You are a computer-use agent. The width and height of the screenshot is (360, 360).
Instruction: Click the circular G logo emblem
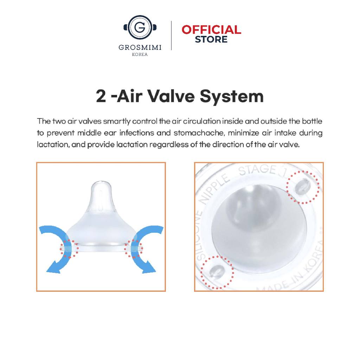click(x=140, y=27)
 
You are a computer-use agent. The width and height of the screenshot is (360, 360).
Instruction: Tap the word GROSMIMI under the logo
click(x=140, y=47)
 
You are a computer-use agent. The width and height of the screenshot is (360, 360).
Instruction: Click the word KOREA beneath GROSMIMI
click(x=140, y=54)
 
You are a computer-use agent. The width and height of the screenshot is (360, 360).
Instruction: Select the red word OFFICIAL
click(x=211, y=30)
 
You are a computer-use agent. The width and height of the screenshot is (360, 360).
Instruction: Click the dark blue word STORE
click(x=211, y=39)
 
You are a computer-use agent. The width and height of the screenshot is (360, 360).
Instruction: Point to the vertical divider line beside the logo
click(x=171, y=36)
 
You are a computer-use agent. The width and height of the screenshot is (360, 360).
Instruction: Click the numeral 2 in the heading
click(x=101, y=96)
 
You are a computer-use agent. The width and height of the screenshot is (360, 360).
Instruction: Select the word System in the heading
click(x=232, y=97)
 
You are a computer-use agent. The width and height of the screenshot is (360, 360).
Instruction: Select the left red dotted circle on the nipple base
click(x=69, y=249)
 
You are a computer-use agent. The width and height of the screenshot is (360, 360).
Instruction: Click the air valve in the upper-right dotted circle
click(x=303, y=186)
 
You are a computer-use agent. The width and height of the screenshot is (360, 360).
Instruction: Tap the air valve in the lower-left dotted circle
click(x=217, y=272)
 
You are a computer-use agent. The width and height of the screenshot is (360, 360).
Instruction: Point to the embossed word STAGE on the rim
click(x=257, y=170)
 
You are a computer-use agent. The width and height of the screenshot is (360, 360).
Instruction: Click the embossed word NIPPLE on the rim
click(x=215, y=189)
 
